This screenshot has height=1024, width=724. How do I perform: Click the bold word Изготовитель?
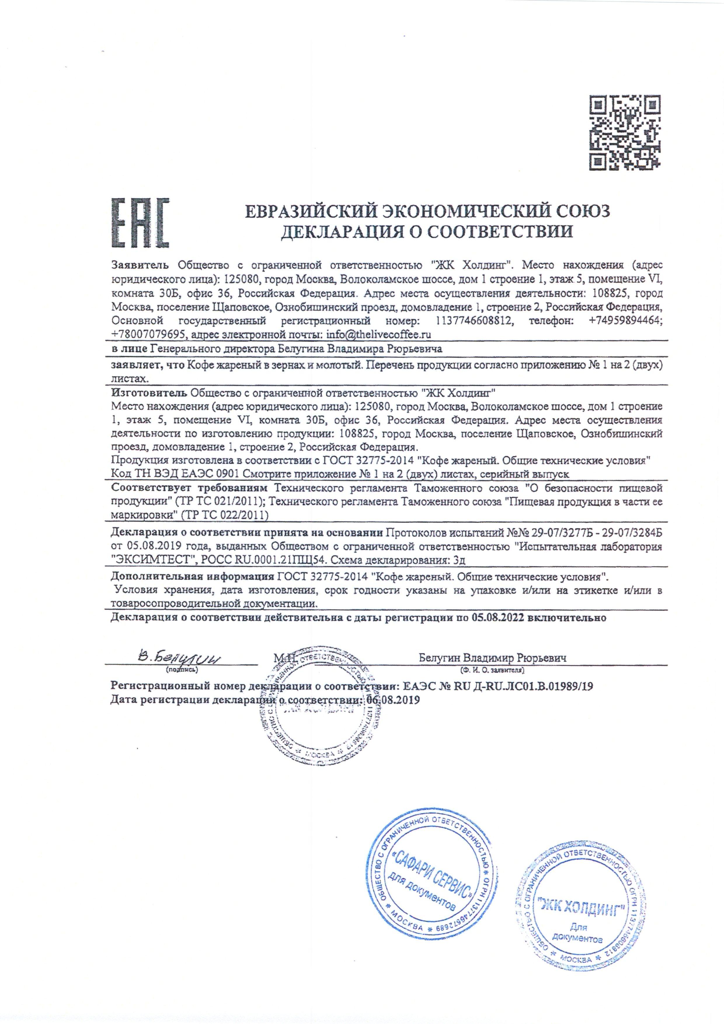pyautogui.click(x=149, y=393)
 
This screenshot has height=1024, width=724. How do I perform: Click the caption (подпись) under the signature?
pyautogui.click(x=182, y=670)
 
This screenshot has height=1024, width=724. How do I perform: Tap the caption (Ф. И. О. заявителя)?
pyautogui.click(x=493, y=670)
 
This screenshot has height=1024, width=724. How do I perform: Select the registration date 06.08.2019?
pyautogui.click(x=393, y=700)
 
